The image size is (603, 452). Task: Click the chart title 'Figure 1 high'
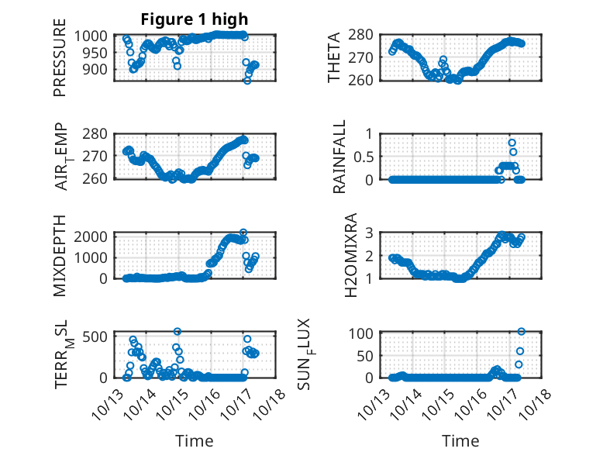coord(195,19)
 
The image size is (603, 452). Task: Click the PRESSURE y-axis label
coord(60,63)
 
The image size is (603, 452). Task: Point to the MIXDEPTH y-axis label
coord(60,254)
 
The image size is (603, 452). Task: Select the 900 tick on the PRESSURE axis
coord(101,69)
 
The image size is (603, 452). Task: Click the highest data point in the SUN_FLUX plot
coord(521,332)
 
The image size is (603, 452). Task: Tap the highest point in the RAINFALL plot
coord(512,143)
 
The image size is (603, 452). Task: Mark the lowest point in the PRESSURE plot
coord(247,81)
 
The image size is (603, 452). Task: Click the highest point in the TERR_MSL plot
coord(177,332)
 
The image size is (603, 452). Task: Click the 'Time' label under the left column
coord(195,441)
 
